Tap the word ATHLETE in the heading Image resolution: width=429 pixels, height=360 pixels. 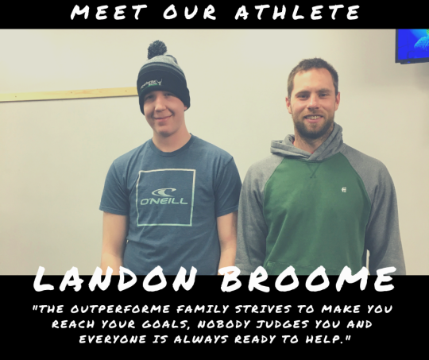coord(298,12)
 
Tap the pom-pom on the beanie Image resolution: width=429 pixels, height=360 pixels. coord(157,49)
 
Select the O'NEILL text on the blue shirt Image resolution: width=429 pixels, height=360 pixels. coord(164,202)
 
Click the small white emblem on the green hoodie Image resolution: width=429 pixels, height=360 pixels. coord(344,189)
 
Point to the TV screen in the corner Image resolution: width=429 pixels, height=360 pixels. coord(412,46)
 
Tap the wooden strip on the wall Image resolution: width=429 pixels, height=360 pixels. coord(69,95)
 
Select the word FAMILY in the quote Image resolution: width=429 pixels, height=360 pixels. coord(203,309)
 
